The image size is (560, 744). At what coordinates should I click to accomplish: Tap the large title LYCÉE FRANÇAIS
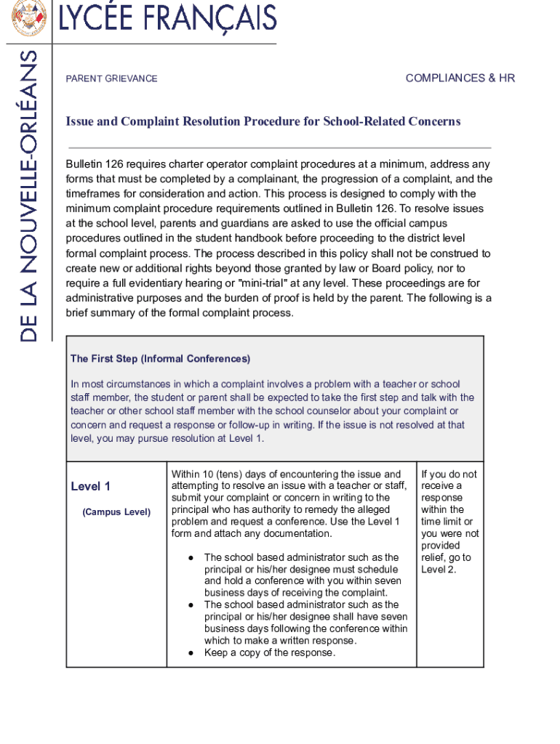[x=167, y=18]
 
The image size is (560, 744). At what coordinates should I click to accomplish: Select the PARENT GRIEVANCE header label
[x=111, y=78]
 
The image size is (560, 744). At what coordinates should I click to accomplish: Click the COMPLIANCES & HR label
[x=460, y=78]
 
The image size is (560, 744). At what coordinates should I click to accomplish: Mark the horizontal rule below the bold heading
[x=279, y=147]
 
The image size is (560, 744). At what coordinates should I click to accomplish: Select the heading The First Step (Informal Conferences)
[x=160, y=359]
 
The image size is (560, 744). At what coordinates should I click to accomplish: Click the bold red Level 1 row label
[x=90, y=486]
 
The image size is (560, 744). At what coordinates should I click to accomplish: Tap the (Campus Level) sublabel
[x=116, y=512]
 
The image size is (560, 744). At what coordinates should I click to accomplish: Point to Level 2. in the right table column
[x=439, y=569]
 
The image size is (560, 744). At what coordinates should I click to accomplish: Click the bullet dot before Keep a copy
[x=190, y=652]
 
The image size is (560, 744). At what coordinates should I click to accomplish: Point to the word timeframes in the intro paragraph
[x=92, y=194]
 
